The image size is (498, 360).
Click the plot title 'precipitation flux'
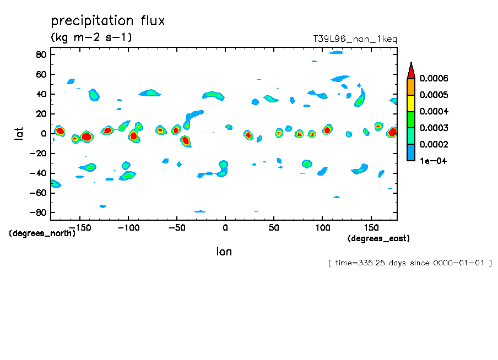point(108,21)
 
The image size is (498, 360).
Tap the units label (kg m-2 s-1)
point(91,37)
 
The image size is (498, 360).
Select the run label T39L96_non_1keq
point(355,39)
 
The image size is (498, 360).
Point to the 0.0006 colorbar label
point(434,78)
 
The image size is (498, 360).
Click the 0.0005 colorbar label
point(434,95)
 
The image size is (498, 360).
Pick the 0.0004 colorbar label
point(434,111)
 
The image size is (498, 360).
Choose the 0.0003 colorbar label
point(434,128)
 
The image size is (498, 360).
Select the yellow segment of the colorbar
point(410,103)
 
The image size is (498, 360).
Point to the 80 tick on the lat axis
point(40,54)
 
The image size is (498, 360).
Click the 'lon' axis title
point(224,252)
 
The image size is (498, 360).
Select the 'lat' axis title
point(19,133)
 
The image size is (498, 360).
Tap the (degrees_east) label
point(378,238)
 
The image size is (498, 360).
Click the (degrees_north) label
point(42,233)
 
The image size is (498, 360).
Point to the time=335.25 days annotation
point(410,263)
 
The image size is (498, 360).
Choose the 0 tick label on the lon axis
point(225,226)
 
